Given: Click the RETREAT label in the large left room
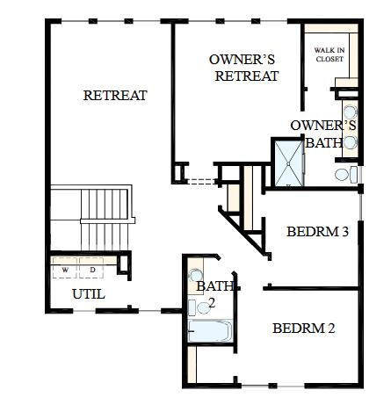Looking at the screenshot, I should [x=115, y=96].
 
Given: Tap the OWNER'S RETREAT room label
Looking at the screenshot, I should [x=243, y=68].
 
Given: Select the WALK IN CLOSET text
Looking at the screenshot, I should [x=329, y=55].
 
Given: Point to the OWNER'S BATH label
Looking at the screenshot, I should [x=323, y=134].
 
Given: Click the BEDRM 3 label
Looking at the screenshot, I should [x=318, y=233].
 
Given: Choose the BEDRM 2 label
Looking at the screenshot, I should [x=303, y=329].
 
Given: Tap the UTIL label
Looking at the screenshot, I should [x=89, y=294].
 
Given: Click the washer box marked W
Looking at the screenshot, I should [x=64, y=270].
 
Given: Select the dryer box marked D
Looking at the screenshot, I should [x=91, y=270].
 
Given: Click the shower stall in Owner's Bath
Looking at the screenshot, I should [x=288, y=164].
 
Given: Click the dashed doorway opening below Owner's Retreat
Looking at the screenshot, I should [x=201, y=182].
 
